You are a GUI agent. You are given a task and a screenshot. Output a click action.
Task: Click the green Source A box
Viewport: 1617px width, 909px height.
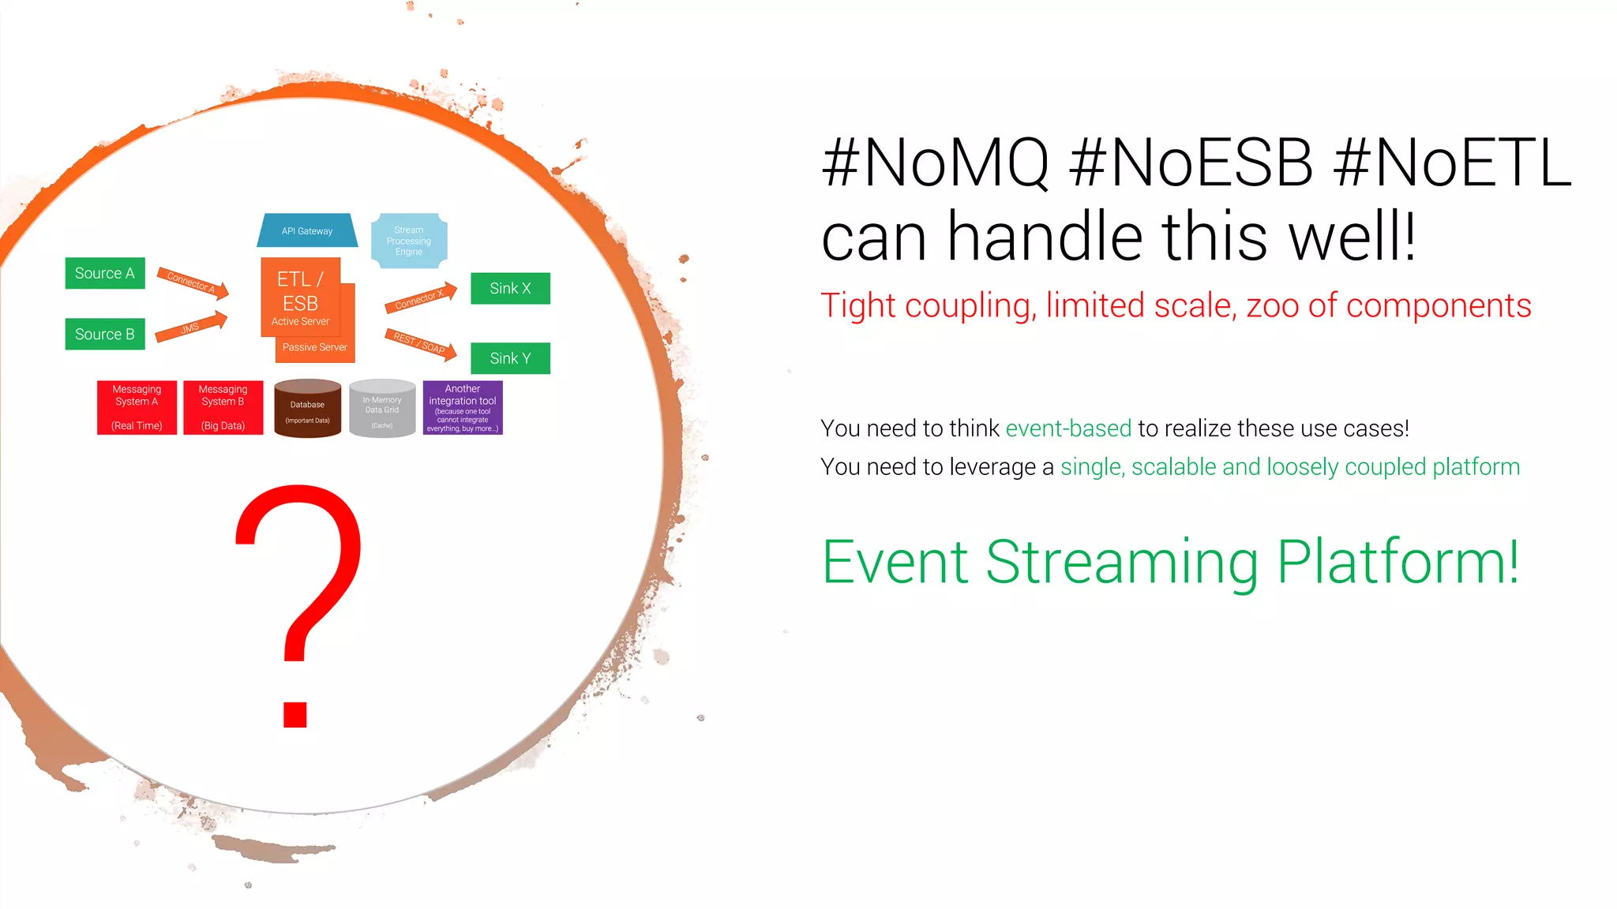pyautogui.click(x=105, y=273)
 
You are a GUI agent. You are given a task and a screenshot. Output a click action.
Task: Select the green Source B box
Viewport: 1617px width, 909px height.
pyautogui.click(x=105, y=334)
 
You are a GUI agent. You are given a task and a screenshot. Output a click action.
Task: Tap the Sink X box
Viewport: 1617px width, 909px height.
pyautogui.click(x=510, y=288)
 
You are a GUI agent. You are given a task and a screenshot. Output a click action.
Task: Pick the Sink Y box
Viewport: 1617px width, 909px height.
pyautogui.click(x=510, y=358)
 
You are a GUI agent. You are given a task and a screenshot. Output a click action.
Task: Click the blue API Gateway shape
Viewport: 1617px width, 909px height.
pyautogui.click(x=307, y=230)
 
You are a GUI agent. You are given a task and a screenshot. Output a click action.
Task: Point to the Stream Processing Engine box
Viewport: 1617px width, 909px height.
pyautogui.click(x=409, y=241)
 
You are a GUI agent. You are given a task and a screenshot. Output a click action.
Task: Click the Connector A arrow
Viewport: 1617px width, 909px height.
pyautogui.click(x=192, y=283)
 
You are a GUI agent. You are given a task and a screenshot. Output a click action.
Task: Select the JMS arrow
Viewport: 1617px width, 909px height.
pyautogui.click(x=191, y=327)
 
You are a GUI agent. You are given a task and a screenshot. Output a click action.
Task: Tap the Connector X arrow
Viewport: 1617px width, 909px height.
pyautogui.click(x=420, y=297)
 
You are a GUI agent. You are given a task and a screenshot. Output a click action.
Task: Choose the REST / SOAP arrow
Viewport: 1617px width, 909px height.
pyautogui.click(x=420, y=344)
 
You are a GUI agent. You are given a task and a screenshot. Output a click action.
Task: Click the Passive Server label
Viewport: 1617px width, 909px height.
pyautogui.click(x=315, y=347)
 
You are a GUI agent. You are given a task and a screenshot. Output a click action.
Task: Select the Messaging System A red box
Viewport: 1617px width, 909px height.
pyautogui.click(x=137, y=408)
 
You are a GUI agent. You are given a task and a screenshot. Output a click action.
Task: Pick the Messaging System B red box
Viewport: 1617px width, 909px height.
pyautogui.click(x=223, y=408)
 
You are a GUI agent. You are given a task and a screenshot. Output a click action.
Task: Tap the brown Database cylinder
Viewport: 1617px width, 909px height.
pyautogui.click(x=307, y=409)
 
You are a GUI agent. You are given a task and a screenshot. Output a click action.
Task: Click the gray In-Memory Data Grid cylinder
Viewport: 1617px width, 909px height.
pyautogui.click(x=382, y=409)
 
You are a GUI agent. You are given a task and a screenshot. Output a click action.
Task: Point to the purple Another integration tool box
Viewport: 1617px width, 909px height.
pyautogui.click(x=463, y=408)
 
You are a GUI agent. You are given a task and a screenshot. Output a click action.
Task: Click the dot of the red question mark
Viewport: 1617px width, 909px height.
pyautogui.click(x=295, y=714)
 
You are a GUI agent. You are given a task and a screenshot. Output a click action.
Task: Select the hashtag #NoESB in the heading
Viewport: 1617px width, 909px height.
pyautogui.click(x=1191, y=163)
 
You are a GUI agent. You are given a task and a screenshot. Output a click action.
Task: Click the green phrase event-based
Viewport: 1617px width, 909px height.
pyautogui.click(x=1068, y=428)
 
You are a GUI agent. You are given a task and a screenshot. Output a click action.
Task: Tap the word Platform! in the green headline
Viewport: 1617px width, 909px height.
pyautogui.click(x=1398, y=563)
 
